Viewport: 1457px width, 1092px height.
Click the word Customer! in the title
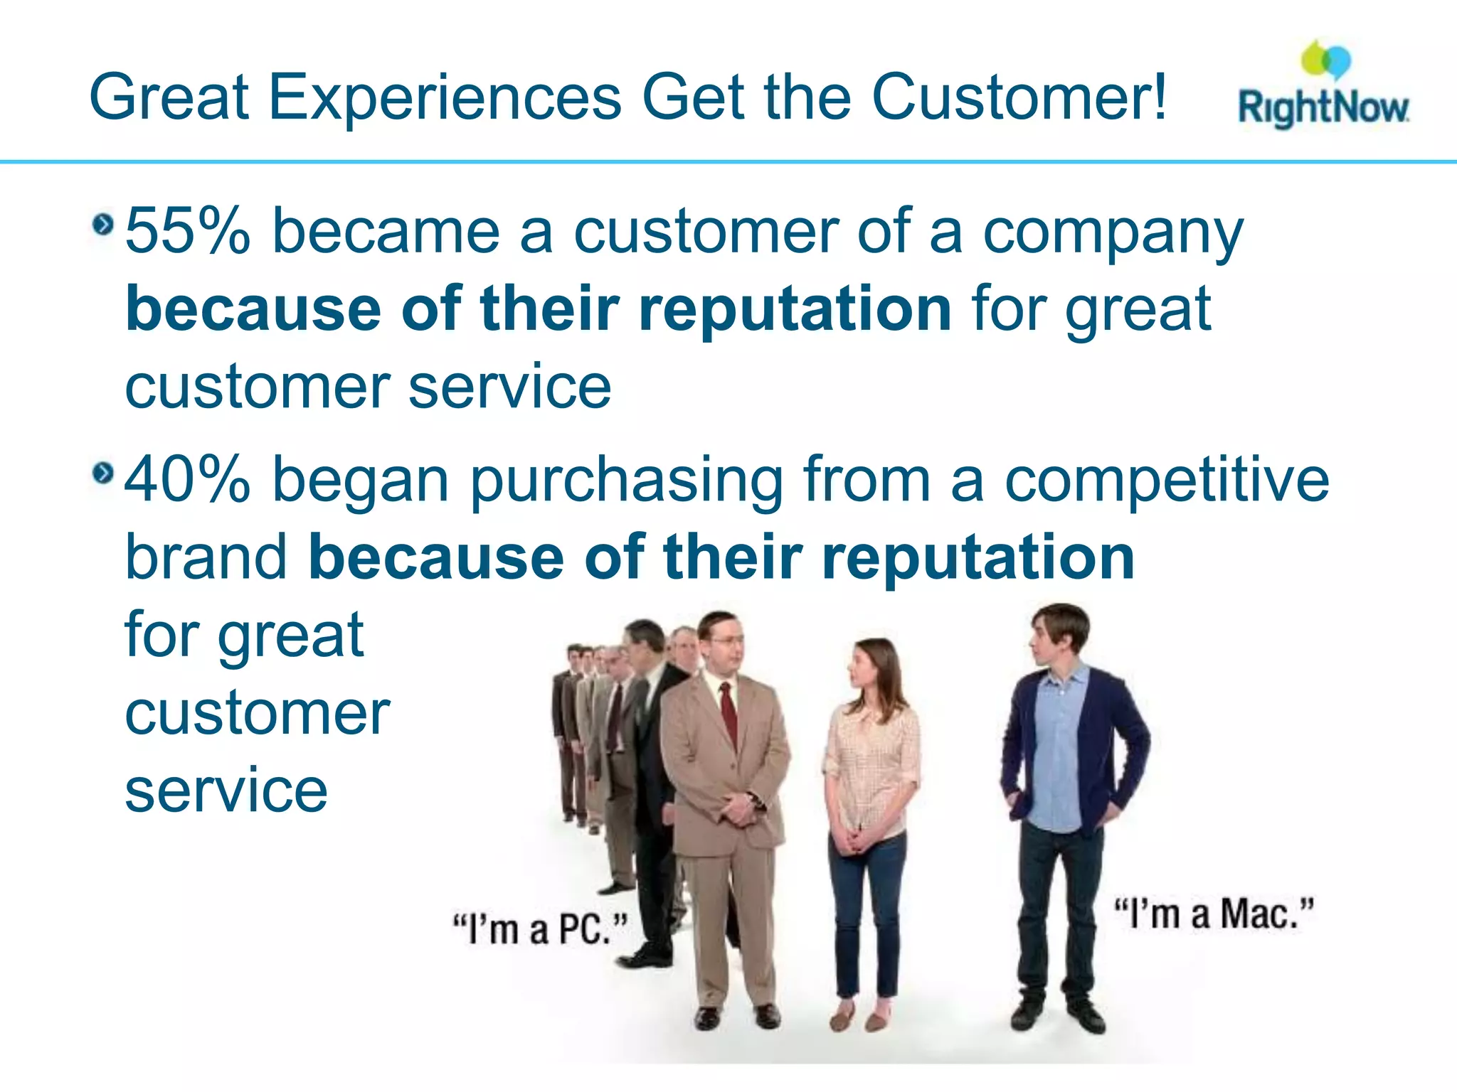1019,97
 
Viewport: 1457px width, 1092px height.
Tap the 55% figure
188,231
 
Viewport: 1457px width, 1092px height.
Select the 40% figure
188,480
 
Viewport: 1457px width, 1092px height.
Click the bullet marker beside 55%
103,225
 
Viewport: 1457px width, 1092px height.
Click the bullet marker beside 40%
103,473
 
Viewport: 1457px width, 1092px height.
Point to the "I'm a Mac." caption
1214,914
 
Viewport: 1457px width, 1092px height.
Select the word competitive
1167,480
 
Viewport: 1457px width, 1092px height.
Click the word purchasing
626,482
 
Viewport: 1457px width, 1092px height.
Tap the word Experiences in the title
445,97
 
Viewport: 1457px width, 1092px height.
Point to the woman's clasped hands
854,839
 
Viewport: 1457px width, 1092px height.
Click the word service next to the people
226,791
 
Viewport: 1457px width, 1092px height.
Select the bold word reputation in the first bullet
795,309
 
